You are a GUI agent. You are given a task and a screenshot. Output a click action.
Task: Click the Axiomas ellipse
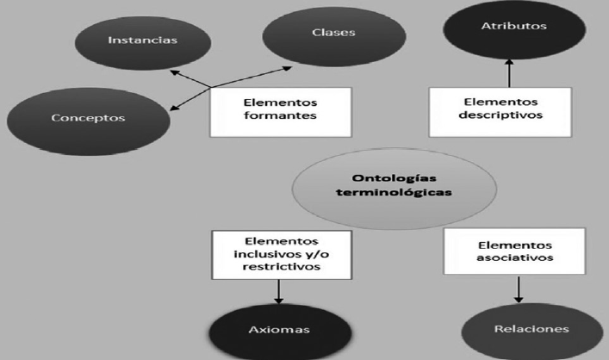point(280,331)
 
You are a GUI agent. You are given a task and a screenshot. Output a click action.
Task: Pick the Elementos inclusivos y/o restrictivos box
point(280,254)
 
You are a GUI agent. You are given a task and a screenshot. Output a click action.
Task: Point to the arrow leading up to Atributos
point(508,73)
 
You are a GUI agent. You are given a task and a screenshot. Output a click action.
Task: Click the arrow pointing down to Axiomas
point(279,293)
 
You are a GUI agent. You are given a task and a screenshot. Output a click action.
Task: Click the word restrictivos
point(280,269)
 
